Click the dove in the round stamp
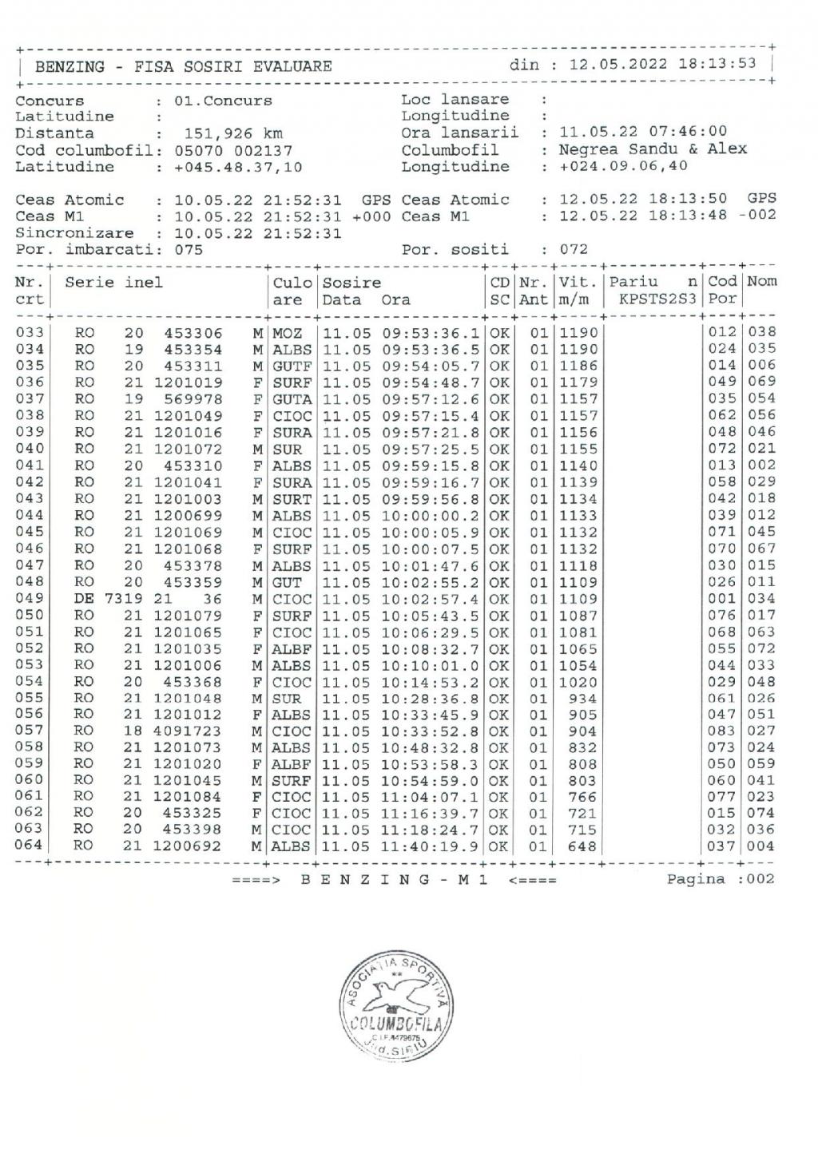coord(397,996)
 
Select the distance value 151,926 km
coord(233,133)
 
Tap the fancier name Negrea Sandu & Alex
coord(653,149)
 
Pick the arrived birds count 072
coord(574,249)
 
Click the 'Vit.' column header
coord(578,282)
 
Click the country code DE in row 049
coord(84,599)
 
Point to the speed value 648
coord(582,846)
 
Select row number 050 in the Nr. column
coord(30,615)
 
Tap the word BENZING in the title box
coord(69,67)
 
